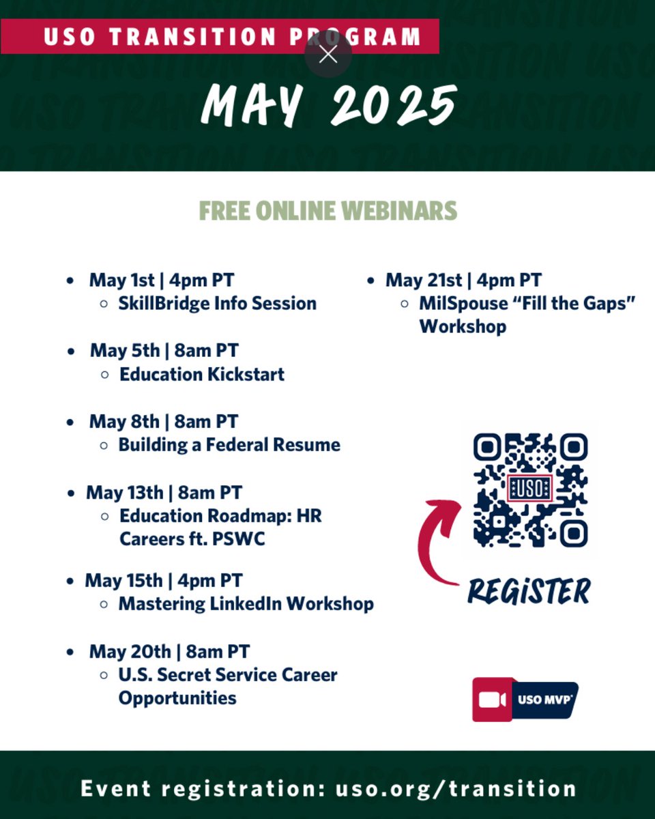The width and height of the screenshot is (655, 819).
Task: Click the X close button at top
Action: point(328,55)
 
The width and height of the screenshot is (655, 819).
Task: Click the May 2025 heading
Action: point(328,104)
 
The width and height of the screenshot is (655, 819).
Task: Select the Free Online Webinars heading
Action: point(328,211)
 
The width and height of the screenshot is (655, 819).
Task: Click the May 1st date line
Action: point(162,280)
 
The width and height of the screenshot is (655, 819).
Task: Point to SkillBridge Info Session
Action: point(217,303)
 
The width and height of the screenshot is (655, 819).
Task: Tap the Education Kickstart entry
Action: point(202,374)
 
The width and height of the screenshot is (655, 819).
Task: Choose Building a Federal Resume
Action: point(229,445)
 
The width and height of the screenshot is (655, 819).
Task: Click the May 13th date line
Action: point(164,492)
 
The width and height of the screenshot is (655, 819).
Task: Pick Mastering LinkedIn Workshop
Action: point(246,604)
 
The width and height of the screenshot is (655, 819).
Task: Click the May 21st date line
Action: point(463,280)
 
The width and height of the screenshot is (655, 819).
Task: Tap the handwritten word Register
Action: point(529,591)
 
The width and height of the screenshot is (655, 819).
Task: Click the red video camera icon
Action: point(492,700)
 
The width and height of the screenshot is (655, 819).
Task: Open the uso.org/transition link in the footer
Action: point(456,789)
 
